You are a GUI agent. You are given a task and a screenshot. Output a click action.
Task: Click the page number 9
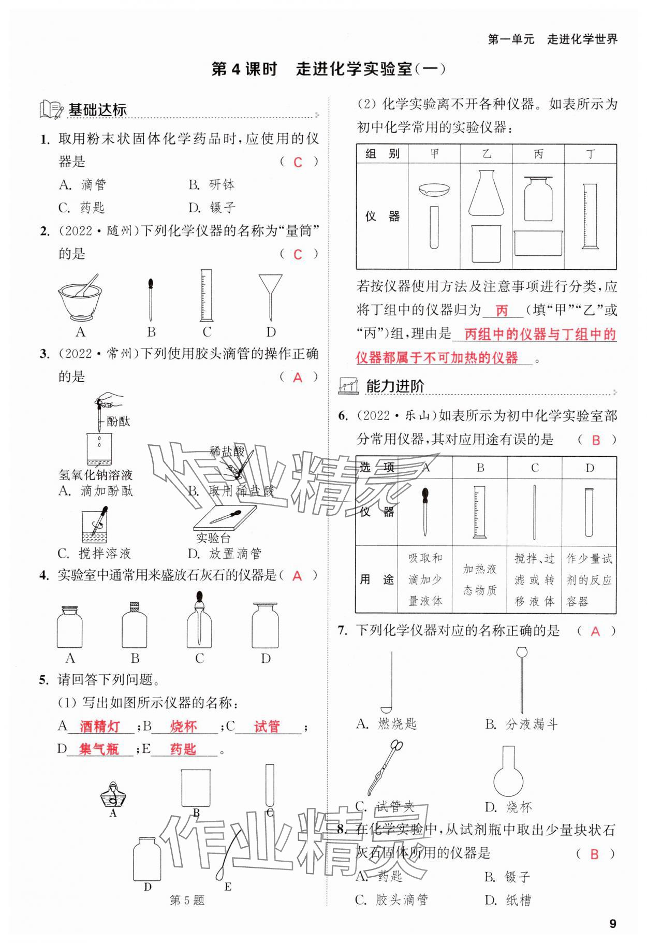pyautogui.click(x=613, y=923)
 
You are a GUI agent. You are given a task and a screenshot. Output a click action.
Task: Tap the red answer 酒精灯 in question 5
pyautogui.click(x=100, y=727)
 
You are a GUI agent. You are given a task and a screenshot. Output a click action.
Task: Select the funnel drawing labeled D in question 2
pyautogui.click(x=270, y=297)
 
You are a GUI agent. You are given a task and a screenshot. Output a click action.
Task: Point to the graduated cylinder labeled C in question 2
pyautogui.click(x=206, y=296)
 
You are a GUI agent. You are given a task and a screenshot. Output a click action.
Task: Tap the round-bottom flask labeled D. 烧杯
pyautogui.click(x=508, y=772)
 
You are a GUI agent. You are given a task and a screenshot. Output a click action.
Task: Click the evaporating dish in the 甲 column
pyautogui.click(x=434, y=190)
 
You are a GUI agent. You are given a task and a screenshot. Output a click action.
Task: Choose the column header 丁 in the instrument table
pyautogui.click(x=590, y=154)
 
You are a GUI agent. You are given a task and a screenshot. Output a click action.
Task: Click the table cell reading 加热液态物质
pyautogui.click(x=480, y=579)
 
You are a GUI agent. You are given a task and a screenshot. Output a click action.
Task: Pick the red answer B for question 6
pyautogui.click(x=596, y=440)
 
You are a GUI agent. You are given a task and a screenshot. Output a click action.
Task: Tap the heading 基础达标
pyautogui.click(x=97, y=110)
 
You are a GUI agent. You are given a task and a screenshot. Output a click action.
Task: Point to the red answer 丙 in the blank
pyautogui.click(x=502, y=311)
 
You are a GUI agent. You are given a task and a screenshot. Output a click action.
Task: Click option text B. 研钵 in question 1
pyautogui.click(x=212, y=184)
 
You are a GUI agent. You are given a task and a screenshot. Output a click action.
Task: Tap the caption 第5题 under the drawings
pyautogui.click(x=187, y=900)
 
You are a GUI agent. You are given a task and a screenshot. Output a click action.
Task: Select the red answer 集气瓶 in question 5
pyautogui.click(x=99, y=749)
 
